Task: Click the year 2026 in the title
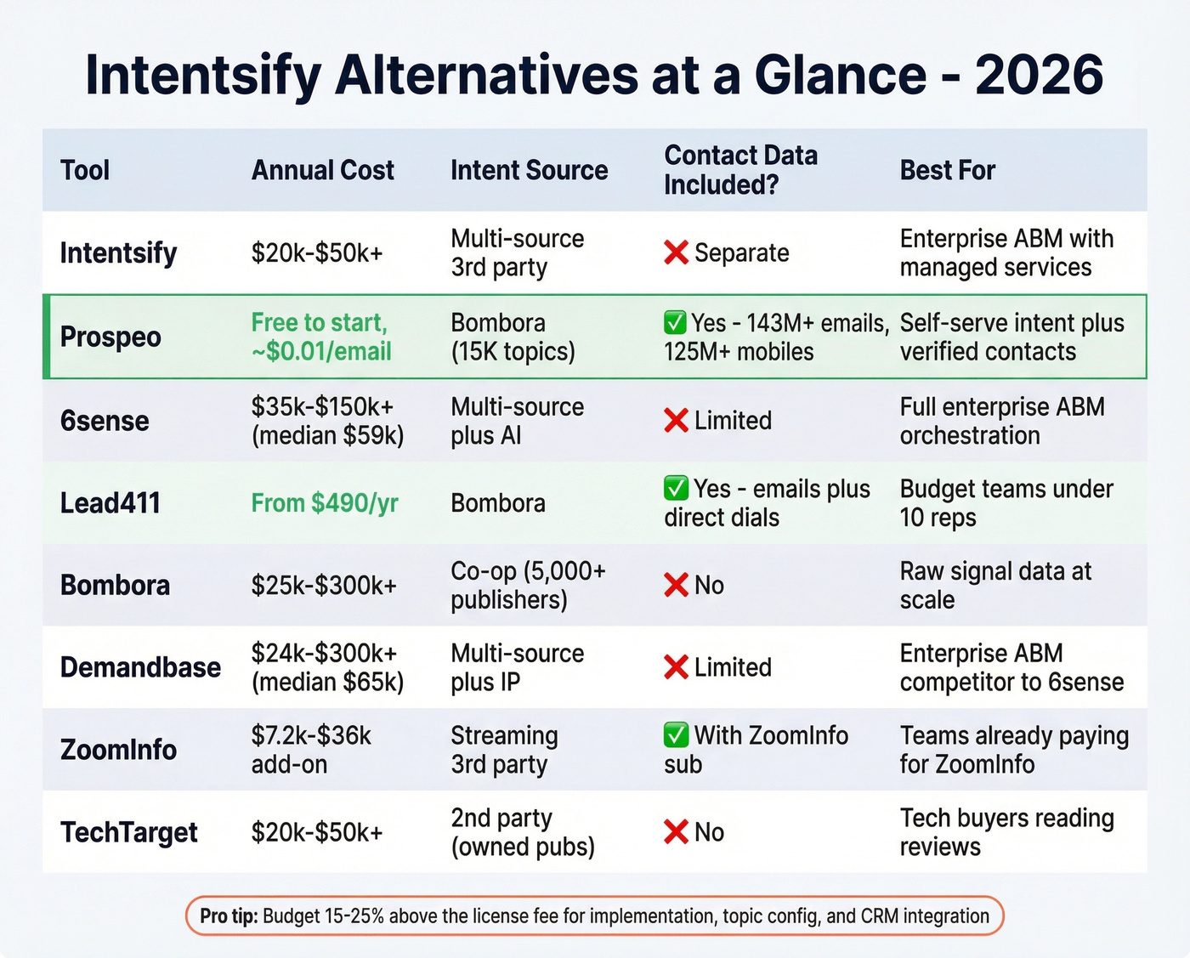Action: click(x=1039, y=75)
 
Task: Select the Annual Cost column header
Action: click(x=322, y=170)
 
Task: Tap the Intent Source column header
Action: click(x=529, y=170)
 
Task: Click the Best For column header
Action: click(x=947, y=170)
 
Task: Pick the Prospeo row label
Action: click(x=110, y=337)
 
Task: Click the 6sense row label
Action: click(x=105, y=421)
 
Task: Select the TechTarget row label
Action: click(x=128, y=832)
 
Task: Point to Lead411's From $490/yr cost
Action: click(x=325, y=503)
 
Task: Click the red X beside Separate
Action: click(x=676, y=252)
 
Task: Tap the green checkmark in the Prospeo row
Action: click(x=675, y=323)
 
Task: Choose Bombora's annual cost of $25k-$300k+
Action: click(x=324, y=586)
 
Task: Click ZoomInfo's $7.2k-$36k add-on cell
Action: click(x=311, y=750)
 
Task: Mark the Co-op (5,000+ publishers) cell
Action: click(x=528, y=586)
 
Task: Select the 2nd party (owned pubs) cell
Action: click(x=522, y=832)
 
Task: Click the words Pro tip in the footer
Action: click(x=229, y=916)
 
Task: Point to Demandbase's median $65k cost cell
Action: click(x=327, y=668)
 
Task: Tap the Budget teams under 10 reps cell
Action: click(x=1006, y=503)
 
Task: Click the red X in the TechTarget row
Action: click(x=676, y=832)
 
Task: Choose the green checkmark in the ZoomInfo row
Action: click(x=676, y=734)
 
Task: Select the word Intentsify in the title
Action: click(x=203, y=75)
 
